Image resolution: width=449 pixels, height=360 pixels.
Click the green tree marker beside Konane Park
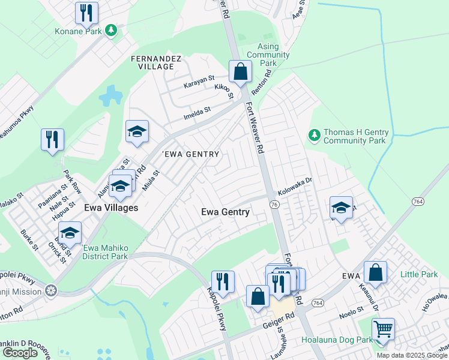coord(111,30)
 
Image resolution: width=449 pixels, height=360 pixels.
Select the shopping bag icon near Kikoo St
coord(240,72)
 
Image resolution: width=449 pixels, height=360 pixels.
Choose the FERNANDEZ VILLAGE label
coord(152,62)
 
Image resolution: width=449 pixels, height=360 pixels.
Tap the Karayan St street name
coord(199,79)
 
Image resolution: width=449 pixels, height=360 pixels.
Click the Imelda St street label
coord(198,110)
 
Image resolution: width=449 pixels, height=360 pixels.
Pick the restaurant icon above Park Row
coord(53,140)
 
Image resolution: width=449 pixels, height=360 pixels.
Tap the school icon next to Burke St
coord(70,232)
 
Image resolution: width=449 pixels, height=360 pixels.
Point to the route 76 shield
coord(274,205)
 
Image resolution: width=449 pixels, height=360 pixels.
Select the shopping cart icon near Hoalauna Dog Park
coord(383,329)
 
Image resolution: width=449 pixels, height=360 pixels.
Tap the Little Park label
coord(420,275)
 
